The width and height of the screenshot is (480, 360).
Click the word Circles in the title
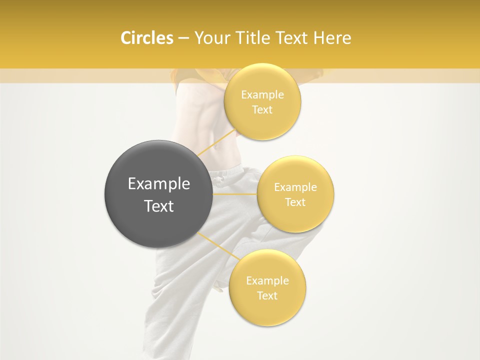coord(146,38)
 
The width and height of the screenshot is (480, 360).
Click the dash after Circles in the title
coord(183,38)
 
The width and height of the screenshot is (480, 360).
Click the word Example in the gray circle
coord(159,184)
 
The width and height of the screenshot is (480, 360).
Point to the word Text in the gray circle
coord(159,206)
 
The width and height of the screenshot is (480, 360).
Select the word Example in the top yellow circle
coord(262,95)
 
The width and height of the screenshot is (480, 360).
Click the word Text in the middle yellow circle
coord(295,202)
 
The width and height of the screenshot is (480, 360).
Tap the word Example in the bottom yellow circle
coord(267,280)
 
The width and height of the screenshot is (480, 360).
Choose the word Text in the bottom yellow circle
coord(267,295)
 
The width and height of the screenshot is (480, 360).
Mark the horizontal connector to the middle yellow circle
coord(235,193)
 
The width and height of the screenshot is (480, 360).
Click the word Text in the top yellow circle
coord(262,110)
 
